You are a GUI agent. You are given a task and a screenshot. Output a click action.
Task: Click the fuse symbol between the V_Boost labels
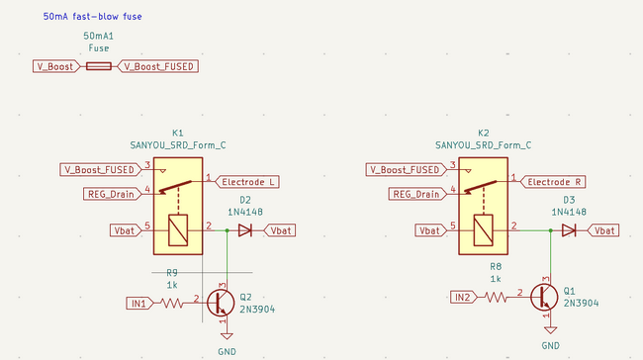pyautogui.click(x=99, y=66)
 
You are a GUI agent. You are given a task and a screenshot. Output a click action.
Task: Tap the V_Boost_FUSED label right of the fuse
pyautogui.click(x=158, y=66)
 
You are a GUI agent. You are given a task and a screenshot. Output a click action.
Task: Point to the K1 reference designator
pyautogui.click(x=178, y=132)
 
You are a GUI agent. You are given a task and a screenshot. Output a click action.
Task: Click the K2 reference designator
pyautogui.click(x=483, y=132)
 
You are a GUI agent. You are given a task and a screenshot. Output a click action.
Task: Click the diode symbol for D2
pyautogui.click(x=245, y=230)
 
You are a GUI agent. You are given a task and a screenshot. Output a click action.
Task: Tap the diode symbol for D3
pyautogui.click(x=569, y=230)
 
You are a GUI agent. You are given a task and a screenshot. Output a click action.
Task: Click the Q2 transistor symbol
pyautogui.click(x=222, y=303)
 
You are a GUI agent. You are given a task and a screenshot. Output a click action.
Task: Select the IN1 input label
pyautogui.click(x=138, y=303)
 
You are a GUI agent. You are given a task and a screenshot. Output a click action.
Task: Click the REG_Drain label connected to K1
pyautogui.click(x=111, y=194)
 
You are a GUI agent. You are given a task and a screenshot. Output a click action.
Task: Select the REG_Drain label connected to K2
pyautogui.click(x=415, y=194)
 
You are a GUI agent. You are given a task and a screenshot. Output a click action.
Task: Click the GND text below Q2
pyautogui.click(x=228, y=350)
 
